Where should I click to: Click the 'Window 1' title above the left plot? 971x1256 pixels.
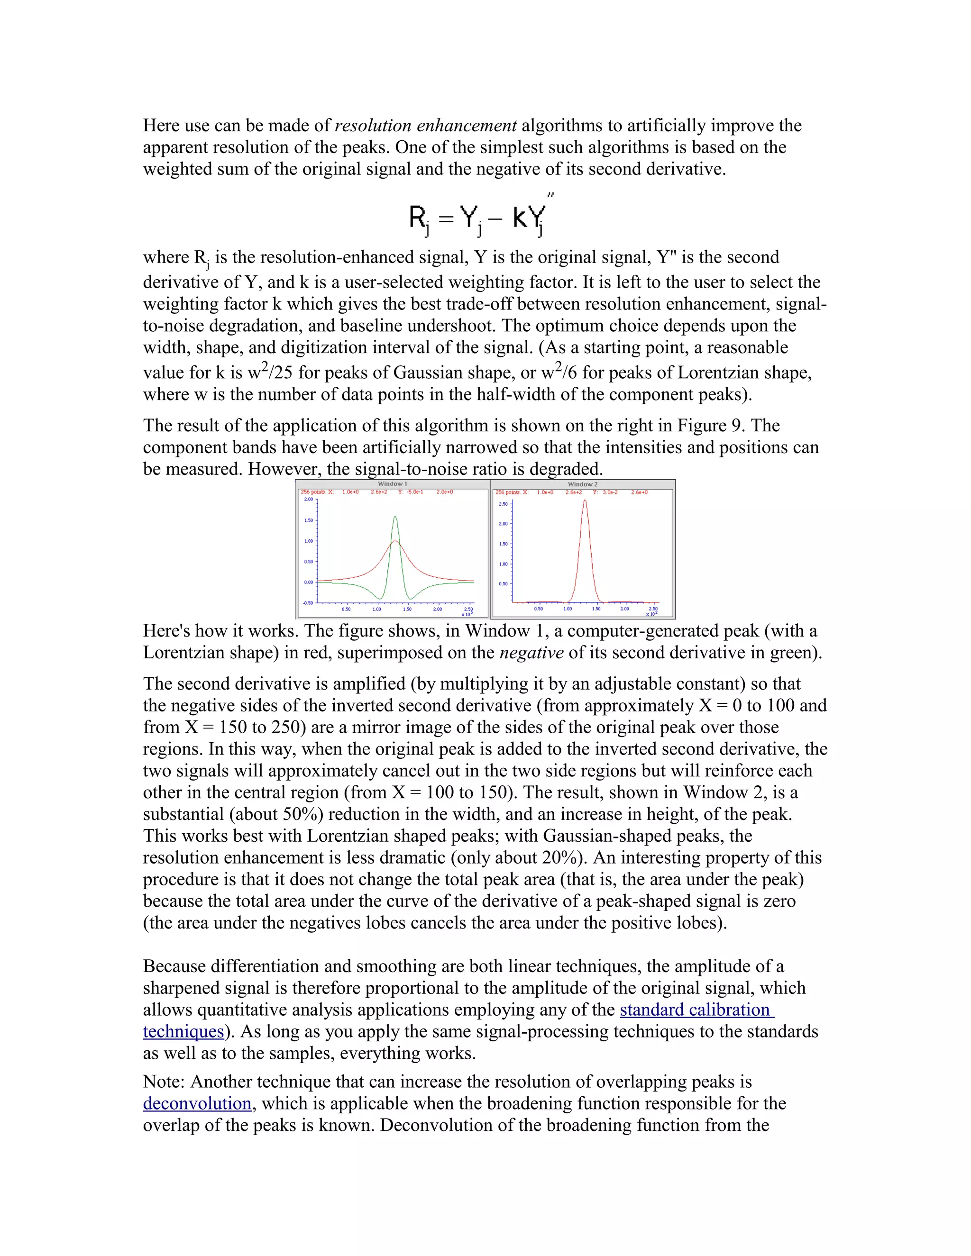(392, 483)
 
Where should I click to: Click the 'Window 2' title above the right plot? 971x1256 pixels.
(583, 484)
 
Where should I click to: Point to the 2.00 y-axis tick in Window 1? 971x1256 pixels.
(308, 499)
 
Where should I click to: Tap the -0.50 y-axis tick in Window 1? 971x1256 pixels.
(308, 603)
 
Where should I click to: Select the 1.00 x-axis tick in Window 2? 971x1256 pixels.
(567, 609)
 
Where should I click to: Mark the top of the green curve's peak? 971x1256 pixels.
(394, 517)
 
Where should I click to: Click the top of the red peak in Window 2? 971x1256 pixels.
(585, 501)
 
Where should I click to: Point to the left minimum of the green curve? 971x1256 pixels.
(380, 598)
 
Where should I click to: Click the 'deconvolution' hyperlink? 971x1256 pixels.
(197, 1103)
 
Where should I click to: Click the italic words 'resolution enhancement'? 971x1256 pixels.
(426, 126)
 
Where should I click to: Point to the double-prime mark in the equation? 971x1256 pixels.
(550, 196)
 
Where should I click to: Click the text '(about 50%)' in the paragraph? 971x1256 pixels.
(280, 814)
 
